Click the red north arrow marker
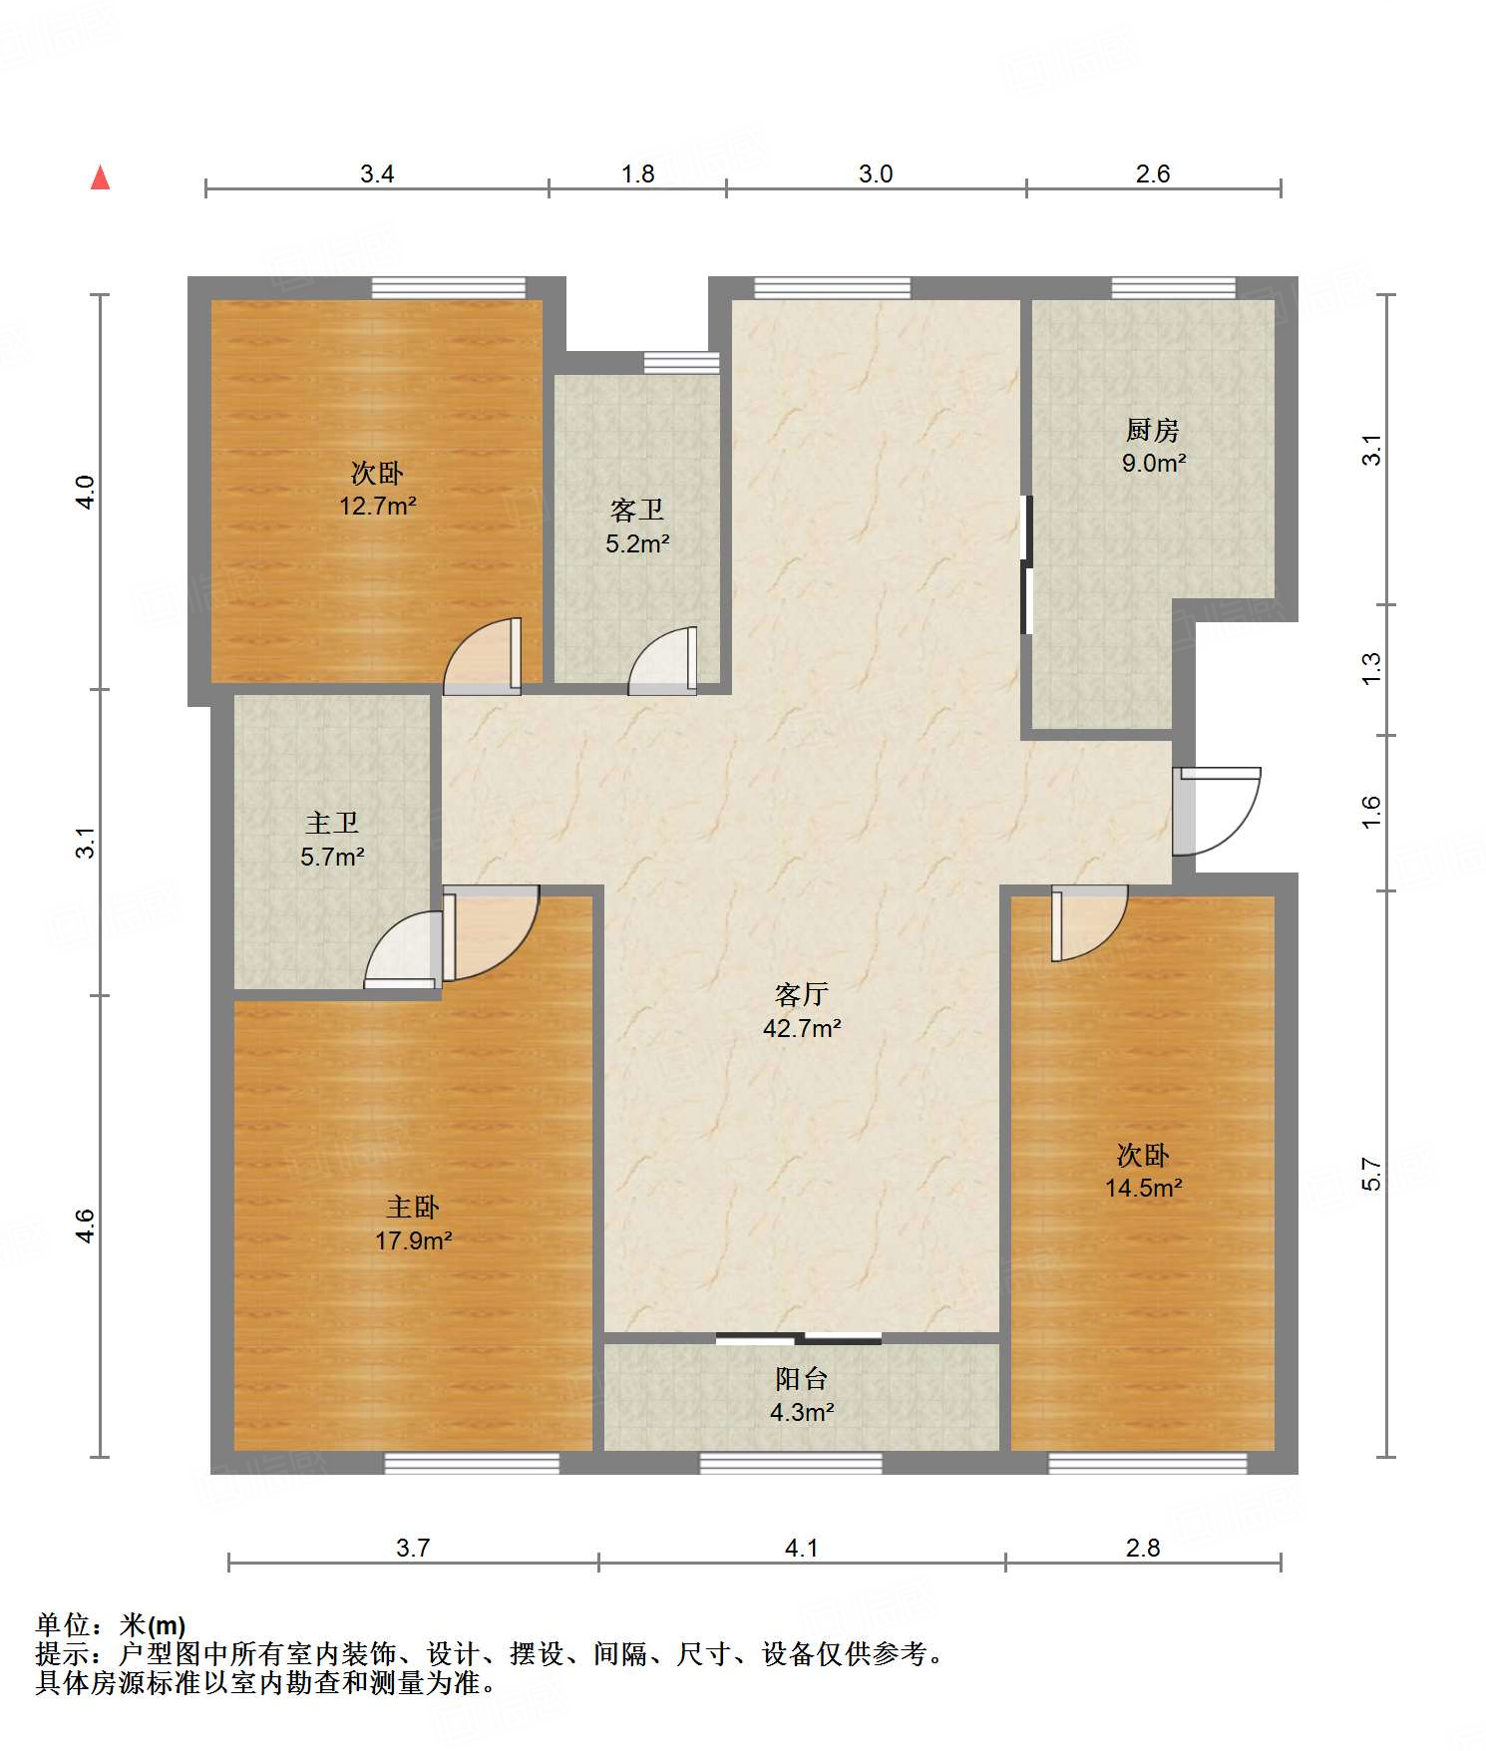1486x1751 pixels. click(101, 177)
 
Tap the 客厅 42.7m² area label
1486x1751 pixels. click(802, 1011)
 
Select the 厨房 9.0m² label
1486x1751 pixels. click(1153, 446)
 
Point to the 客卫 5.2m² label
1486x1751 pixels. click(637, 526)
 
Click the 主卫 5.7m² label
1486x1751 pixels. click(332, 840)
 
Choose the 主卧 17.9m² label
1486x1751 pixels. click(413, 1224)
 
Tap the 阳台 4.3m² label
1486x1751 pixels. click(802, 1395)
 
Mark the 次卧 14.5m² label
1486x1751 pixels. click(1143, 1171)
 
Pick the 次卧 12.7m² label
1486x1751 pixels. click(377, 489)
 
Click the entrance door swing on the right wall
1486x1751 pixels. click(1217, 811)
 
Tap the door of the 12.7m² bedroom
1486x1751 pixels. click(483, 656)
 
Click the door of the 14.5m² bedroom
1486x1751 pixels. click(1089, 923)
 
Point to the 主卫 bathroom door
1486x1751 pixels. click(404, 949)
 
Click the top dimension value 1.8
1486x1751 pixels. click(638, 174)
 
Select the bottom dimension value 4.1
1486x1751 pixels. click(802, 1548)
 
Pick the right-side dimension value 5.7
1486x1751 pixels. click(1371, 1174)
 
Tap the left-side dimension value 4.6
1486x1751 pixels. click(86, 1226)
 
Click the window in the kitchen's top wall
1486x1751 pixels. click(1174, 288)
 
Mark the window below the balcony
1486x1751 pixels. click(791, 1463)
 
